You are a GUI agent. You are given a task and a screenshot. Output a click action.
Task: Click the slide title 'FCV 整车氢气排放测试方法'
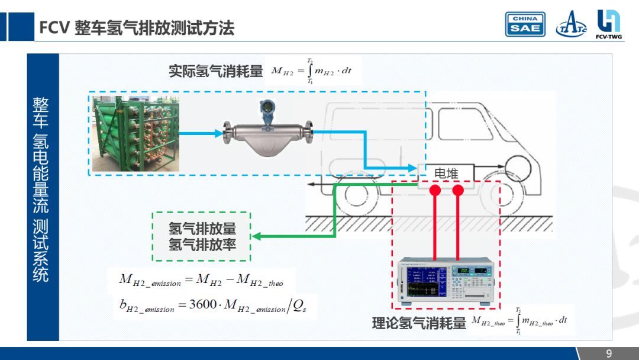point(137,27)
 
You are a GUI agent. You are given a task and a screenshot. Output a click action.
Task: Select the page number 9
point(609,354)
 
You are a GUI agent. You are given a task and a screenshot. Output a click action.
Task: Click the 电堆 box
point(446,173)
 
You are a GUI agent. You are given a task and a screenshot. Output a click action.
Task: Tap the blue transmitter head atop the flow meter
point(268,110)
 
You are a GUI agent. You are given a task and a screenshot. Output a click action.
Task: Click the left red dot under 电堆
point(435,191)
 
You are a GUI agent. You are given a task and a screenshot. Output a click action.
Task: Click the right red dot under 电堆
point(458,191)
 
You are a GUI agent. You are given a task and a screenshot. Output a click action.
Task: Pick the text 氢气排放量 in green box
point(202,229)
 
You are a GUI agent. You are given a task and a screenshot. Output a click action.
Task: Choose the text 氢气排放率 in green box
point(202,244)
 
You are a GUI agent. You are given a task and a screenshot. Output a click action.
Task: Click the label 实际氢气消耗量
point(216,72)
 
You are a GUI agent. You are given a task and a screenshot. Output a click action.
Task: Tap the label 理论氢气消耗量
point(419,323)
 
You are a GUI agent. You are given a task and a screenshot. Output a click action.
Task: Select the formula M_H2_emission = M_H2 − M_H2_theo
point(201,280)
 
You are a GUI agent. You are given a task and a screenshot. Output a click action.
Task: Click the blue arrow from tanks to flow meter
point(201,133)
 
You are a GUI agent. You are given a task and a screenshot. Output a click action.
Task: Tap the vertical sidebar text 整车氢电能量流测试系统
point(41,189)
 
